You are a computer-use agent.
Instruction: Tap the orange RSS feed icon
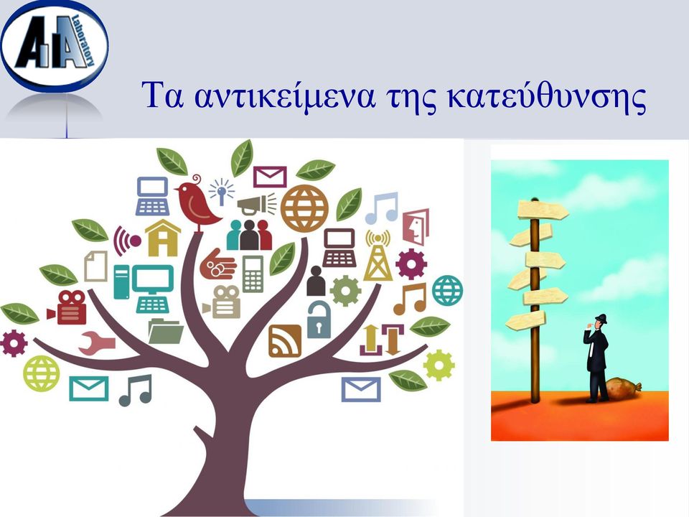(285, 340)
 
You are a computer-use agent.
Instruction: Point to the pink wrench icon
(97, 343)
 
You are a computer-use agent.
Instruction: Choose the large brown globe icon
(304, 208)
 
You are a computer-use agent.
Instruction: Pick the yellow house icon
(163, 238)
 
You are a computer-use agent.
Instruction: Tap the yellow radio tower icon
(378, 256)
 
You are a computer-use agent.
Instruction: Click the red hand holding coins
(218, 264)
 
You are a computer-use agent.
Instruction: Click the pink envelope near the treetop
(270, 177)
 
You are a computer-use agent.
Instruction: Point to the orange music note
(410, 299)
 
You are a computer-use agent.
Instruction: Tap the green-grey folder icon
(166, 331)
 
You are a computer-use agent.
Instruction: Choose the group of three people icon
(249, 235)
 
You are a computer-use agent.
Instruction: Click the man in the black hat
(596, 358)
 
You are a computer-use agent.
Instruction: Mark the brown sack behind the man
(623, 389)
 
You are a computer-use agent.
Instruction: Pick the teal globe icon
(447, 291)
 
